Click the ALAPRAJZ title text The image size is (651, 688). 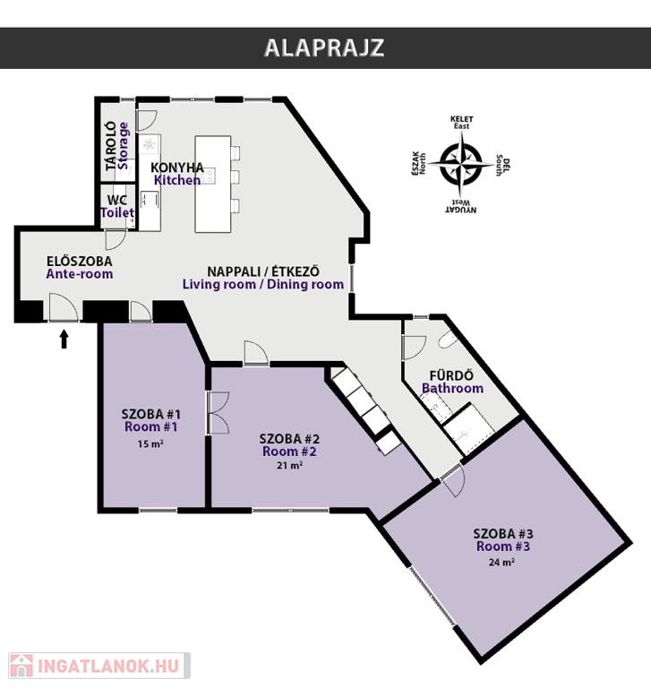click(x=324, y=48)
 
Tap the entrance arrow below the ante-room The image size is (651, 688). click(x=64, y=339)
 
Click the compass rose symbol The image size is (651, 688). click(x=459, y=164)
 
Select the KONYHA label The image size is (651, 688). click(x=177, y=168)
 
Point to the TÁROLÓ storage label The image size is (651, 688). click(x=111, y=145)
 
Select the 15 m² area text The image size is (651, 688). click(x=150, y=443)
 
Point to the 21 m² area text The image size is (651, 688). click(x=289, y=466)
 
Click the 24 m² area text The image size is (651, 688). click(x=502, y=563)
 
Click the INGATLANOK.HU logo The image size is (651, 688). click(x=95, y=666)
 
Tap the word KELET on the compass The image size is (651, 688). click(x=463, y=119)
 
